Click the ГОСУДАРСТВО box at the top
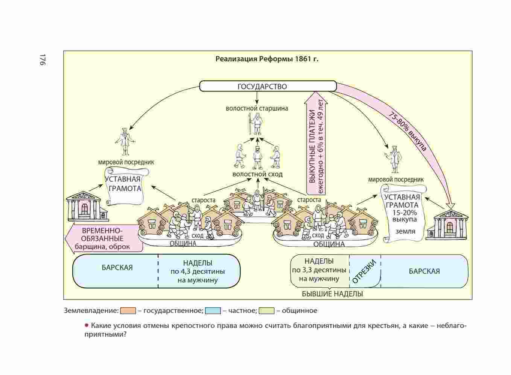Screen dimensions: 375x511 coord(267,86)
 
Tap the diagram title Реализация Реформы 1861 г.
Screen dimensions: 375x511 coord(267,59)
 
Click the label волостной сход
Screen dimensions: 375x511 coord(257,174)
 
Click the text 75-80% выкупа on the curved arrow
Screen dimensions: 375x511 coord(408,131)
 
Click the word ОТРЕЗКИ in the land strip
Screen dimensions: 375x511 coord(365,271)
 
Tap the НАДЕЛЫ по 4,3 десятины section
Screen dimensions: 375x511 coord(198,271)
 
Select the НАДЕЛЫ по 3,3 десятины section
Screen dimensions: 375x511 coord(319,270)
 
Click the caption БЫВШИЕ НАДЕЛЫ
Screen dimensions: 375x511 coord(333,294)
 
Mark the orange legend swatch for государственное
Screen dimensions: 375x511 coord(128,311)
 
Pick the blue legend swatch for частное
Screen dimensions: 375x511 coord(213,311)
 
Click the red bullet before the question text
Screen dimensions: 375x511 coord(87,325)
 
